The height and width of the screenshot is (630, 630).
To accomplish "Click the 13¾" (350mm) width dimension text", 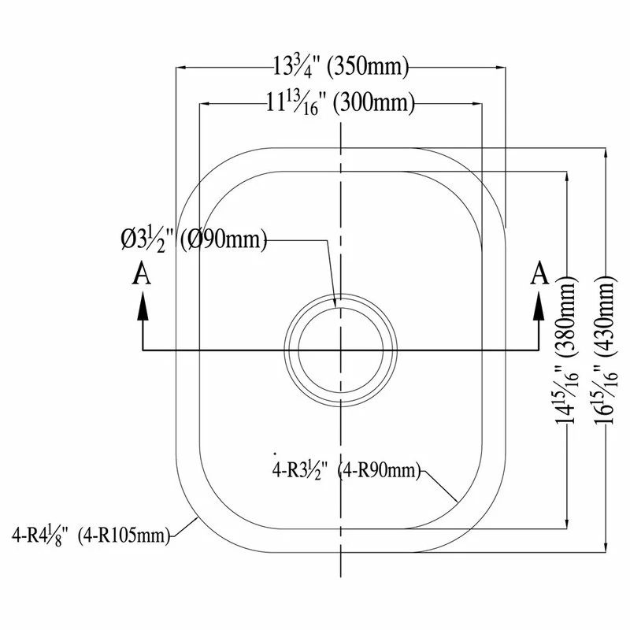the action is [x=341, y=66].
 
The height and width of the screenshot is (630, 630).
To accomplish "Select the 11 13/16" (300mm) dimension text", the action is [x=341, y=103].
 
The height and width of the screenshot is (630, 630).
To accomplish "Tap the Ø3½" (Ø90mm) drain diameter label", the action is [x=194, y=240].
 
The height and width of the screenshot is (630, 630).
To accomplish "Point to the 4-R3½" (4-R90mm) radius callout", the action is [x=346, y=470].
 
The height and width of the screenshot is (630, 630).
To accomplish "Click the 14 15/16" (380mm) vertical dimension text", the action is [x=566, y=349].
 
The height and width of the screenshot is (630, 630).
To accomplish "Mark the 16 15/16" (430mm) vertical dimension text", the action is [x=605, y=349].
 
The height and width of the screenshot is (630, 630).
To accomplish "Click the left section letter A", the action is [x=142, y=273].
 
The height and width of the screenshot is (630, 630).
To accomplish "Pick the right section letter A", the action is [x=539, y=273].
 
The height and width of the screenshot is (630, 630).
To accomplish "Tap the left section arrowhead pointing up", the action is [x=143, y=306].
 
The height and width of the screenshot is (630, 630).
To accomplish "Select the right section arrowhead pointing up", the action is [x=539, y=306].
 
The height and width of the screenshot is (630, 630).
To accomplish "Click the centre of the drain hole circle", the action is [x=341, y=350].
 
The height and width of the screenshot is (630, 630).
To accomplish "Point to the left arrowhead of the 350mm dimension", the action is [x=183, y=67].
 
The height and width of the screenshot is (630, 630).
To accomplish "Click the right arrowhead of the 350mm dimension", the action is [x=499, y=67].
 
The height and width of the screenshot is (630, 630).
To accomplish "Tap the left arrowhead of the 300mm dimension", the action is [x=206, y=104].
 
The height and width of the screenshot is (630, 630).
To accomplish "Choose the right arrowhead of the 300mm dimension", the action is [x=476, y=104].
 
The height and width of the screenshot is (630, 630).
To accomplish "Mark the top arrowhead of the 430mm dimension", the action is [x=606, y=154].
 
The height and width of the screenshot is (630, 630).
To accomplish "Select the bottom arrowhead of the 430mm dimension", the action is [x=606, y=546].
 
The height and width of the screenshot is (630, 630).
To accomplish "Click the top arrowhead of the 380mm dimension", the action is [x=567, y=178].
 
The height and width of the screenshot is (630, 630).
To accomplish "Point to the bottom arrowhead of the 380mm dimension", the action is [x=567, y=522].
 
